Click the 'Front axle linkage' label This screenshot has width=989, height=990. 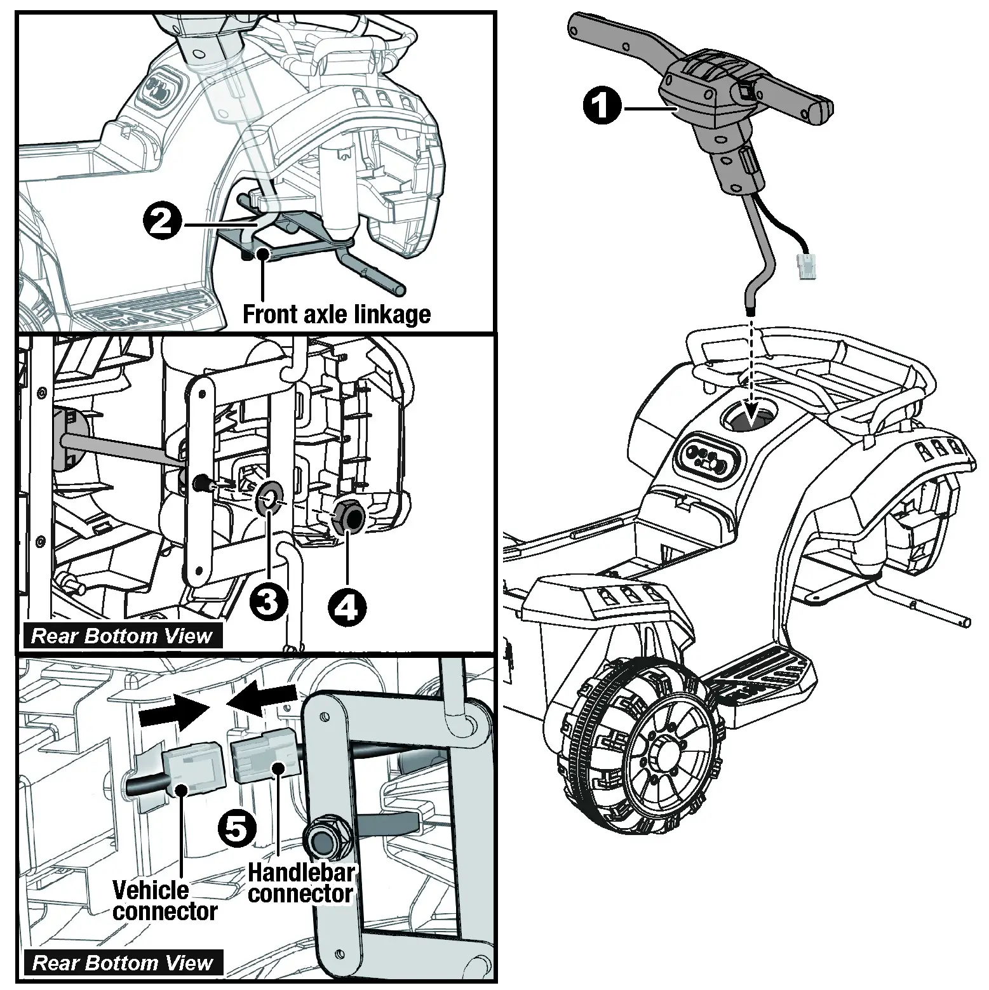pos(337,314)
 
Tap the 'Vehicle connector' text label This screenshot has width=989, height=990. pos(164,900)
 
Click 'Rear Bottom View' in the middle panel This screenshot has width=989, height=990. pos(121,636)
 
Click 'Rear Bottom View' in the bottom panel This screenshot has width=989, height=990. pos(122,963)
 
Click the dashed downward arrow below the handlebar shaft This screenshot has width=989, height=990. pos(751,368)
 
